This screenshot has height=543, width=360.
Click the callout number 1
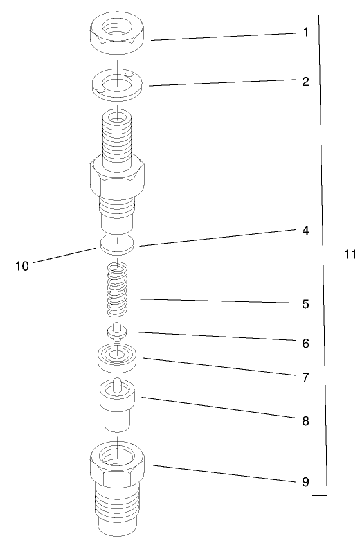click(305, 33)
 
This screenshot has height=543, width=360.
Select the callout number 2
click(305, 80)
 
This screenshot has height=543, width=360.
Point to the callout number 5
click(305, 303)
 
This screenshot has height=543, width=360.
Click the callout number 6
click(305, 342)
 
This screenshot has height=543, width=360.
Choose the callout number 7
click(305, 378)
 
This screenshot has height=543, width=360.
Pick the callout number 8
click(305, 420)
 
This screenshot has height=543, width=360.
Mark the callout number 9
click(305, 480)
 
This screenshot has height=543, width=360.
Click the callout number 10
click(22, 265)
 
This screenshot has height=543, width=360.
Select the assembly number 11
click(348, 254)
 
